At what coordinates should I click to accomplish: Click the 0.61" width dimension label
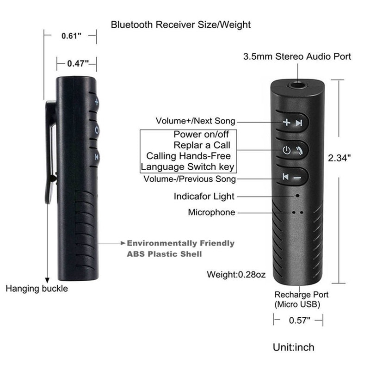71,36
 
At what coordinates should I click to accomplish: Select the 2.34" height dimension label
339,157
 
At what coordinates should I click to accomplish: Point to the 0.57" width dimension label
298,320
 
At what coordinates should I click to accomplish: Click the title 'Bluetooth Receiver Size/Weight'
181,25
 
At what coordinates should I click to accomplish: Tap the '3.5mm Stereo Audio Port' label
297,57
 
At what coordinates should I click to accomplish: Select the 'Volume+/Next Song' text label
195,121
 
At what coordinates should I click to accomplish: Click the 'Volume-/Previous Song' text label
190,179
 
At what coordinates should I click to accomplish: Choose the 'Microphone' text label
211,212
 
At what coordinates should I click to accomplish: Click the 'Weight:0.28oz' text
236,275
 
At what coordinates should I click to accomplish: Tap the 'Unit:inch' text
294,346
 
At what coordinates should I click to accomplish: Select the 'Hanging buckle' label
37,289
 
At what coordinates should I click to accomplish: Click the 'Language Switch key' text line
187,166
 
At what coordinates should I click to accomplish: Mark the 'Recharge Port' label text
302,294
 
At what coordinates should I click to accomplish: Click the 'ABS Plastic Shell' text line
164,254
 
